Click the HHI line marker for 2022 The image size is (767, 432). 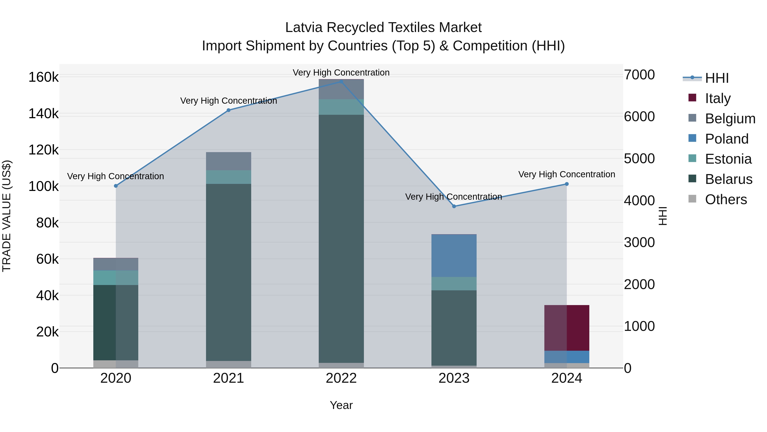tap(341, 82)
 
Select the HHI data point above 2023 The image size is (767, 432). tap(454, 206)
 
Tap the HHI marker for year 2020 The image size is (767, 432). tap(116, 186)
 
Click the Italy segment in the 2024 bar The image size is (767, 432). tap(567, 328)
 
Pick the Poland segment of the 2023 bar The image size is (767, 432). tap(454, 256)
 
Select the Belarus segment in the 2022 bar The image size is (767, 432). tap(341, 239)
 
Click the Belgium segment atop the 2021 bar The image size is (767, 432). tap(228, 161)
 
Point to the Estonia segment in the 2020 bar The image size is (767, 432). tap(116, 278)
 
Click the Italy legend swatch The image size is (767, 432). tap(692, 98)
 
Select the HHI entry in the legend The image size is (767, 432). tap(717, 78)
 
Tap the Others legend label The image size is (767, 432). tap(726, 199)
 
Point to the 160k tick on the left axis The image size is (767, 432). tap(43, 77)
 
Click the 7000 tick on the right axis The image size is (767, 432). tap(639, 75)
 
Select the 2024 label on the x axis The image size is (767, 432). tap(567, 378)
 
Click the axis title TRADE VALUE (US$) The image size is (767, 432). tap(7, 216)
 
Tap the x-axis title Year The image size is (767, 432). tap(341, 405)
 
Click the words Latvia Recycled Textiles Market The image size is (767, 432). tap(383, 28)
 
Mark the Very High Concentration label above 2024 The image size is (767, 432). tap(567, 175)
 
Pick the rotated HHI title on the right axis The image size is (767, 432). tap(663, 216)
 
